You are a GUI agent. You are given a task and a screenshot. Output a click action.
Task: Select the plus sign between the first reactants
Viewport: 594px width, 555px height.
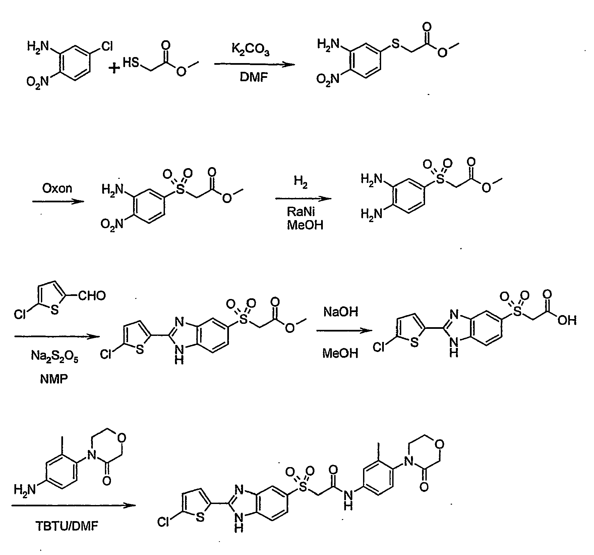pos(115,68)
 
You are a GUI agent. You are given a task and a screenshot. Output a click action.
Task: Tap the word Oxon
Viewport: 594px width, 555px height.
pos(57,189)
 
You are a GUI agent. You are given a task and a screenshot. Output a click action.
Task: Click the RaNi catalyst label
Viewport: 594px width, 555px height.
pos(301,212)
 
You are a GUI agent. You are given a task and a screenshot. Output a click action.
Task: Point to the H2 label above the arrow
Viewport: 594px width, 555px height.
pos(300,183)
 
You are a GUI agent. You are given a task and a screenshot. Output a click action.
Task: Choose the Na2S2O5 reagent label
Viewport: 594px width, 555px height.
pos(55,356)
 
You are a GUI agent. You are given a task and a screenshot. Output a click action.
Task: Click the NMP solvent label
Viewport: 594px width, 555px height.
pos(54,379)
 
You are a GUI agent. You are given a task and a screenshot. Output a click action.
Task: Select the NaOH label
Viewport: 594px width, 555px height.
pos(341,312)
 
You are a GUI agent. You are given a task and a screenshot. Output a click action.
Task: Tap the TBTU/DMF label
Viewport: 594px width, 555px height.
pos(67,526)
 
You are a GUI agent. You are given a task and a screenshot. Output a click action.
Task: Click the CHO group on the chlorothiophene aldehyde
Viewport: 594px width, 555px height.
pos(92,296)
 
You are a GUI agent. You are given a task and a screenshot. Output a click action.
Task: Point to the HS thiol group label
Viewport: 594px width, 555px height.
pos(130,62)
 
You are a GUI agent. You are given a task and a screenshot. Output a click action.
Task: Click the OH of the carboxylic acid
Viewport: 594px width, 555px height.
pos(567,321)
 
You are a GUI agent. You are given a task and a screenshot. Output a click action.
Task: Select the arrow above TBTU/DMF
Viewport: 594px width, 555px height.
pos(74,505)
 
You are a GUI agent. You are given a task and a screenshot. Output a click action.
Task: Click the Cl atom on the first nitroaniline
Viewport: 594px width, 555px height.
pos(107,47)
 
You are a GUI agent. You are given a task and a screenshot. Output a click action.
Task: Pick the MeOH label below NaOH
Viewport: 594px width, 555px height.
pos(340,353)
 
